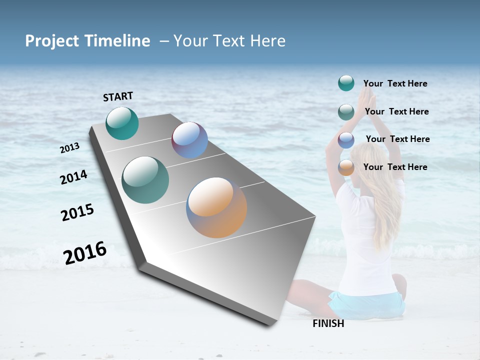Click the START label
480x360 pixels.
118,96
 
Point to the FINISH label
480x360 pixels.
328,323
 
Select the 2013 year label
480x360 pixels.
69,148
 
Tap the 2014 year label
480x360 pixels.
73,177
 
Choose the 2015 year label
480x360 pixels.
77,212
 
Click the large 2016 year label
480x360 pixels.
85,252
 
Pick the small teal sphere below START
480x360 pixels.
122,123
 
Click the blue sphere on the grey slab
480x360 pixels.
189,140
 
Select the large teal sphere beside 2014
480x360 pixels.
145,180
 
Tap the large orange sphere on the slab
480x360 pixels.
216,207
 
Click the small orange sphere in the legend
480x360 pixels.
346,167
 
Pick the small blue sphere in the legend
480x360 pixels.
346,140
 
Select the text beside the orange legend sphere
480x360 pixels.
395,167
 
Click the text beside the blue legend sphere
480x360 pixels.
397,139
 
